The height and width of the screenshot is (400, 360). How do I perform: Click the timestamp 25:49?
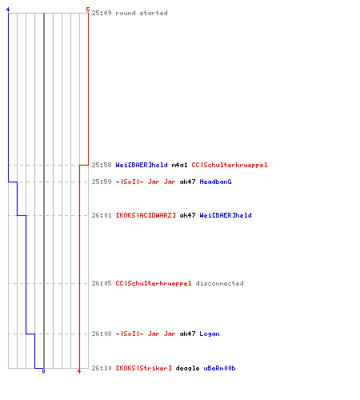click(102, 13)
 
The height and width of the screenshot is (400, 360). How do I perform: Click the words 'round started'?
click(142, 13)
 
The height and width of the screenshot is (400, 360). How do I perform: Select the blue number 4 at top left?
click(8, 10)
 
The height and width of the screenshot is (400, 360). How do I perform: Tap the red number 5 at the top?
click(88, 10)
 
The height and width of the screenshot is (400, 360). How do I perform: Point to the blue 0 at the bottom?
click(43, 371)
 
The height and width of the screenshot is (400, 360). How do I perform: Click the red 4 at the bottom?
click(79, 371)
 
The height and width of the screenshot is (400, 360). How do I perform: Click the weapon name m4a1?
click(179, 165)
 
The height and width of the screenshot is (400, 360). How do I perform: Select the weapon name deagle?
click(187, 368)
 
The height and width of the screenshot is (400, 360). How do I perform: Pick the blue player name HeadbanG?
click(215, 182)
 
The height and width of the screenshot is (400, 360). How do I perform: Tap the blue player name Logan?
click(210, 334)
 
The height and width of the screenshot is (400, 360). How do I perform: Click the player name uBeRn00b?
click(219, 368)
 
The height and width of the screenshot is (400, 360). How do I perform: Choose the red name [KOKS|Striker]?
click(144, 368)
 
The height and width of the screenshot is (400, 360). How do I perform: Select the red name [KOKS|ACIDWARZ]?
click(146, 215)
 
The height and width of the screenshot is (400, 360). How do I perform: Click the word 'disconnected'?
click(219, 283)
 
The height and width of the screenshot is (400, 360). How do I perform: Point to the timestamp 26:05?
click(102, 283)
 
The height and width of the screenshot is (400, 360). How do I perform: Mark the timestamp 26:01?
click(102, 215)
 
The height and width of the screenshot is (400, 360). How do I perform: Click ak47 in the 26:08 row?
click(187, 334)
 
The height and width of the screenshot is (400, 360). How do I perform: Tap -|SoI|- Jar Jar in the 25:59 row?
click(146, 182)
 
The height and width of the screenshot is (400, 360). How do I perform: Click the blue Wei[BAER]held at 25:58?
click(142, 165)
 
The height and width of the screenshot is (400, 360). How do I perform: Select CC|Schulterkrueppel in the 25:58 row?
click(230, 165)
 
